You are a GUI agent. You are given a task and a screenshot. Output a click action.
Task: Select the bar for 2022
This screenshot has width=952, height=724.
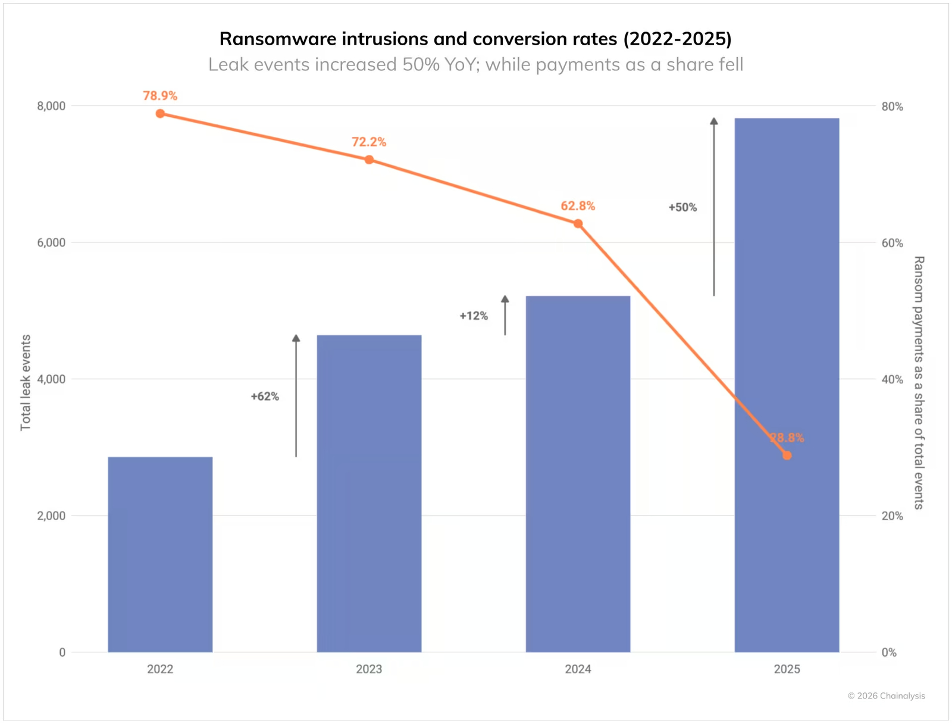pyautogui.click(x=160, y=554)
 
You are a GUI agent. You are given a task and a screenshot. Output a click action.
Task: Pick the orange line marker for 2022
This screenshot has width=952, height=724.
pyautogui.click(x=160, y=114)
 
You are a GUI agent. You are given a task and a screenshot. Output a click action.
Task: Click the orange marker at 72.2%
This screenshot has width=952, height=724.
pyautogui.click(x=369, y=160)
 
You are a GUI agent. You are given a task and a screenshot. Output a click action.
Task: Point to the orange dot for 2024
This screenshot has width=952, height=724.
pyautogui.click(x=578, y=224)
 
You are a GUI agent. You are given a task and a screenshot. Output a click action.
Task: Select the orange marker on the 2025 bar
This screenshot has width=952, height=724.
pyautogui.click(x=787, y=455)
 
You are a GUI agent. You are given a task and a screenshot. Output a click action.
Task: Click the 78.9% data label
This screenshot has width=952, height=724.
pyautogui.click(x=160, y=96)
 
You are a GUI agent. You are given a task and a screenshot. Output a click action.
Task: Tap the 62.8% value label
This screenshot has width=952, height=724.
pyautogui.click(x=578, y=206)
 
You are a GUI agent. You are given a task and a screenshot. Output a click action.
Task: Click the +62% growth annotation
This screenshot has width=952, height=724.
pyautogui.click(x=265, y=397)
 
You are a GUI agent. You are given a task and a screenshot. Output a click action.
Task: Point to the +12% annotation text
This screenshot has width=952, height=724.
pyautogui.click(x=474, y=316)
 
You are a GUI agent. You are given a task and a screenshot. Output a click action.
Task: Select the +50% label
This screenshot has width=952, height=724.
pyautogui.click(x=682, y=208)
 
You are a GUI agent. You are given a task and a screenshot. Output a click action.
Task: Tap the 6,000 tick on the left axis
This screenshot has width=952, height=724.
pyautogui.click(x=51, y=243)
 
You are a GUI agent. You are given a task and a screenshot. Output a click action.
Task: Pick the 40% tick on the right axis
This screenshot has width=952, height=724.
pyautogui.click(x=892, y=380)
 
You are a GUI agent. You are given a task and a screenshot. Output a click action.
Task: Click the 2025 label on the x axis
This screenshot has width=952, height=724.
pyautogui.click(x=787, y=669)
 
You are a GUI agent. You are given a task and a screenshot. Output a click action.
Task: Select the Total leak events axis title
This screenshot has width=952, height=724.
pyautogui.click(x=26, y=382)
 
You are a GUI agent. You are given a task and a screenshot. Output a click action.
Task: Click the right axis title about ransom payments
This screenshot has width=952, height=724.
pyautogui.click(x=919, y=382)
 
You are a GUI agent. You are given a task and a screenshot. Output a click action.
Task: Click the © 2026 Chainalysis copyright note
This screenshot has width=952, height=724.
pyautogui.click(x=886, y=696)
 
